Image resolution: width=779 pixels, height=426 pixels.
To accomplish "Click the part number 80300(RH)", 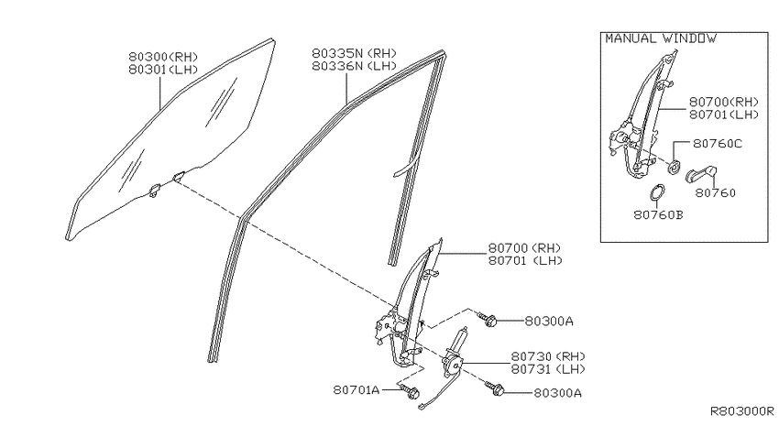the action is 163,57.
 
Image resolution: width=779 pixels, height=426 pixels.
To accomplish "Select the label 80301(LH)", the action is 163,70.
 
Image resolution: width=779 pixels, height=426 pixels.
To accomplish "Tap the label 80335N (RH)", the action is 355,53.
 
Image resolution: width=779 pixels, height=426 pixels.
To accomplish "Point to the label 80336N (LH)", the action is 355,66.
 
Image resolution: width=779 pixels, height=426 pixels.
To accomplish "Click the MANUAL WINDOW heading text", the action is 661,38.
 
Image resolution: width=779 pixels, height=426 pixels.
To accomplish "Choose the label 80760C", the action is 718,144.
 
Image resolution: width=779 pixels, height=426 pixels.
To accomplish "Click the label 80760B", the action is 658,215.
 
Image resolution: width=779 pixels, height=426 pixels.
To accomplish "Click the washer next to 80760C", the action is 674,168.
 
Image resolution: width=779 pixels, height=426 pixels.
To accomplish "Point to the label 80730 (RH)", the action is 548,356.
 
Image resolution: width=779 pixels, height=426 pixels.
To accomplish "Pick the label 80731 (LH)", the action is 548,369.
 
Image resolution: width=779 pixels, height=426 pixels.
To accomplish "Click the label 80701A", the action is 357,390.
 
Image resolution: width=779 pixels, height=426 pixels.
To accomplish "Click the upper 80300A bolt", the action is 488,320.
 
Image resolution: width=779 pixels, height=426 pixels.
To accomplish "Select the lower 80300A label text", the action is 557,393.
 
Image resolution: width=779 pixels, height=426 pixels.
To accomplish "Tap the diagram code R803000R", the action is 742,411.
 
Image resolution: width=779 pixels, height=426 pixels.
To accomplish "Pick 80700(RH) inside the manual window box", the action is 724,102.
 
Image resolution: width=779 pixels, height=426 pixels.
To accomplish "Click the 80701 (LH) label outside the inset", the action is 525,261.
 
